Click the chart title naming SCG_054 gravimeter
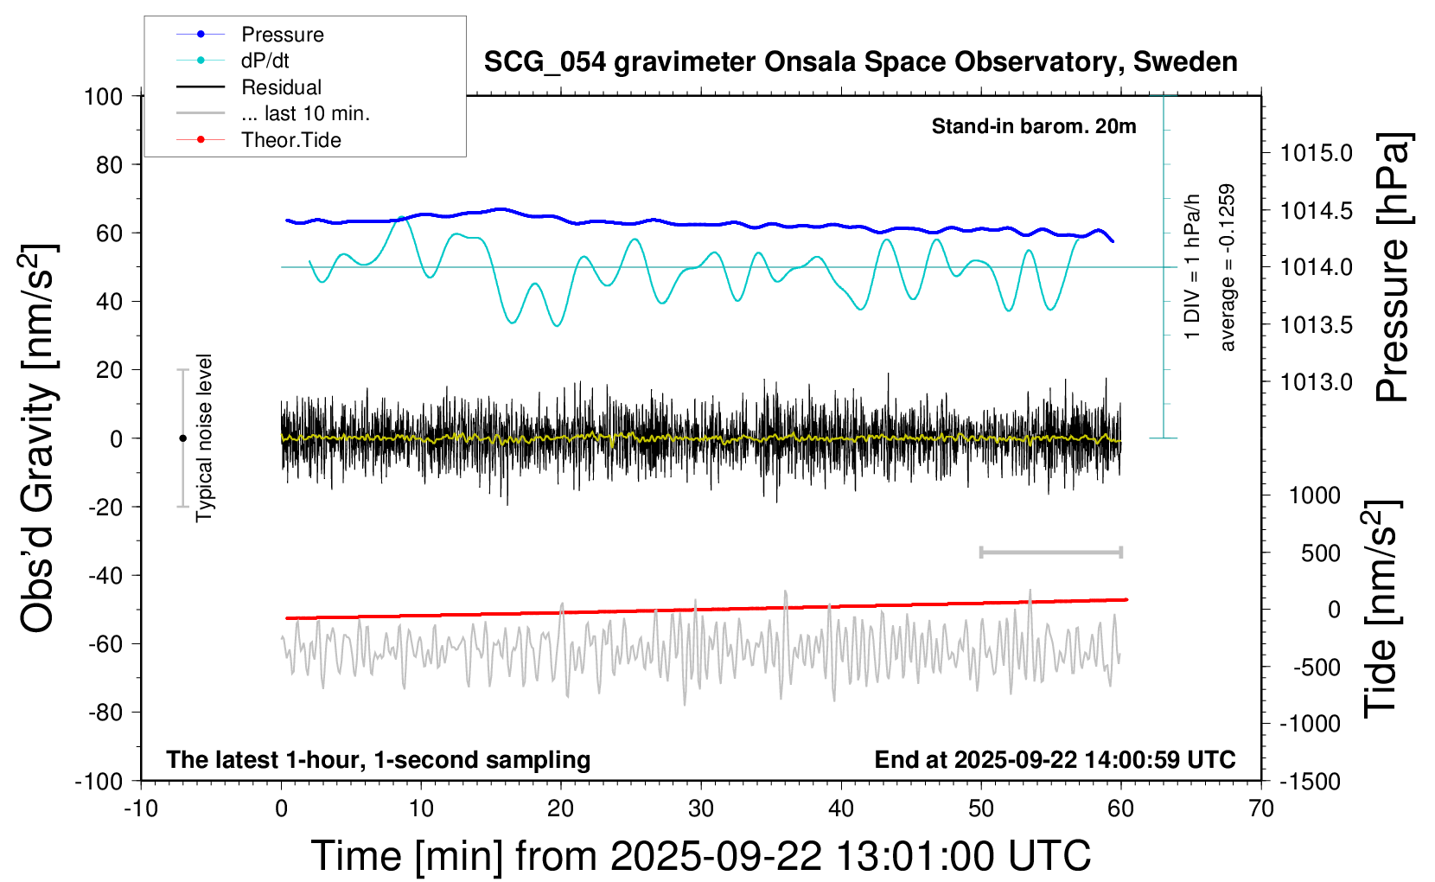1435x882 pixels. [860, 62]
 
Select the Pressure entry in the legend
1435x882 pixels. [282, 35]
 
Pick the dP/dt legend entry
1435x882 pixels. [265, 61]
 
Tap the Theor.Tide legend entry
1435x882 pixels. [290, 140]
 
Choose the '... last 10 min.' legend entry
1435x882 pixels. [305, 113]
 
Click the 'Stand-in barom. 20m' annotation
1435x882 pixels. [1033, 126]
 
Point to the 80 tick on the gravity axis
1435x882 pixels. [109, 164]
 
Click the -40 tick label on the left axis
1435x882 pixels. [105, 575]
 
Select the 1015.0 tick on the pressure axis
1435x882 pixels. [1316, 153]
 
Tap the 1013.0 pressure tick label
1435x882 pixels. [1316, 382]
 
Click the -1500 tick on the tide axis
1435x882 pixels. [1310, 782]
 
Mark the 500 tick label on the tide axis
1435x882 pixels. [1320, 553]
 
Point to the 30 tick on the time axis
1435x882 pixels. [701, 809]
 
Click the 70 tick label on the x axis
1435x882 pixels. [1261, 809]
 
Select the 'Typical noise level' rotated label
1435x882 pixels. [204, 438]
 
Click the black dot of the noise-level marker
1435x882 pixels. [182, 438]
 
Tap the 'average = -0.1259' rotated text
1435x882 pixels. [1227, 267]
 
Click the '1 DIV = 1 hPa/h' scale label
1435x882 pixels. [1193, 266]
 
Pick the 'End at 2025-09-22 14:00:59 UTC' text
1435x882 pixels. [1055, 760]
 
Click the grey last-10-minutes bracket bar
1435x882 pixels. [1050, 552]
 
